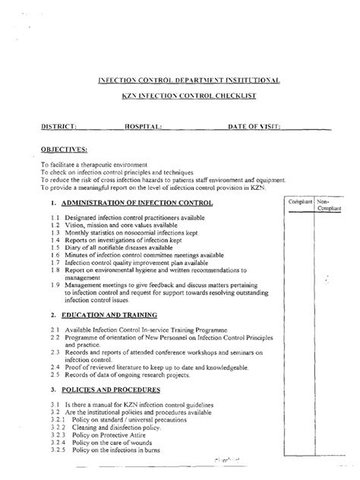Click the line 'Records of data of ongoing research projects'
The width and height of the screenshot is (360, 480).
click(125, 374)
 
